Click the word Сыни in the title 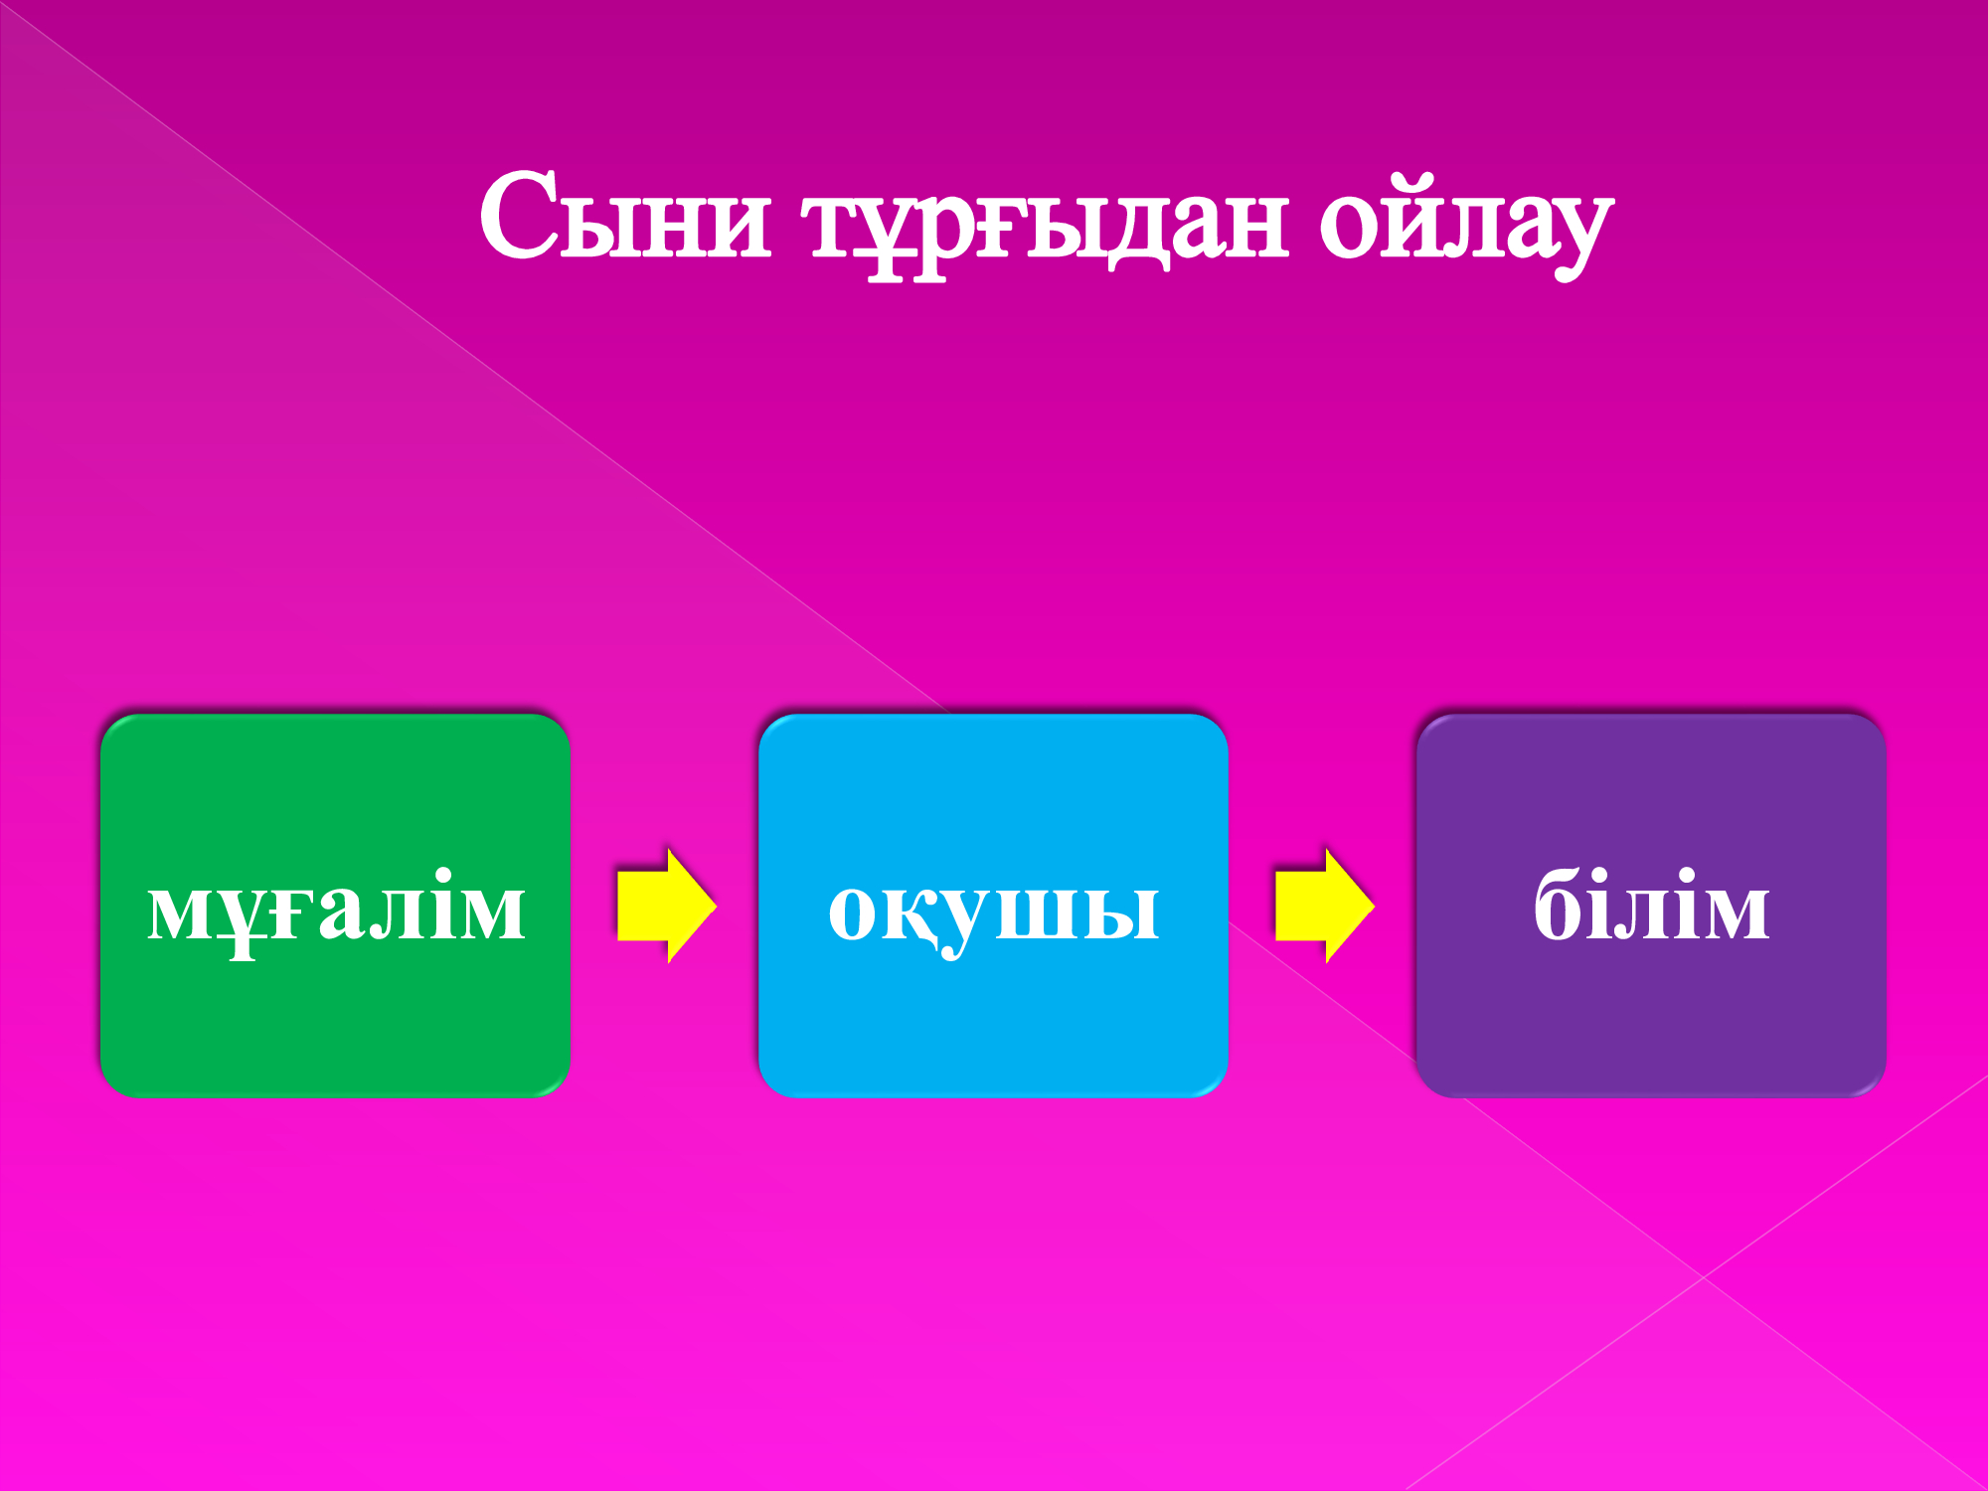625,216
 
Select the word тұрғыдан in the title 1050,226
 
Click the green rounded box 335,906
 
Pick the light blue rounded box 993,906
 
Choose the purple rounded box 1651,906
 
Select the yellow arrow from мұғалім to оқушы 667,906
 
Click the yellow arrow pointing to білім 1325,906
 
